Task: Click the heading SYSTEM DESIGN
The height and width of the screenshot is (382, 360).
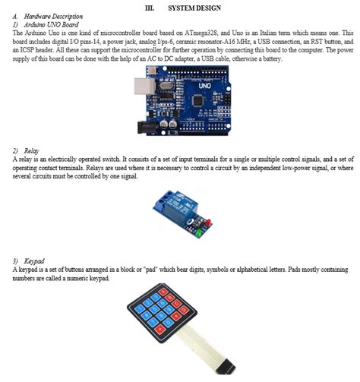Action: click(x=195, y=8)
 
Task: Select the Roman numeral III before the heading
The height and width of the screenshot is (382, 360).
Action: click(x=150, y=8)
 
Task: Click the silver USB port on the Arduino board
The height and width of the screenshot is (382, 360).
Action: click(x=140, y=89)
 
